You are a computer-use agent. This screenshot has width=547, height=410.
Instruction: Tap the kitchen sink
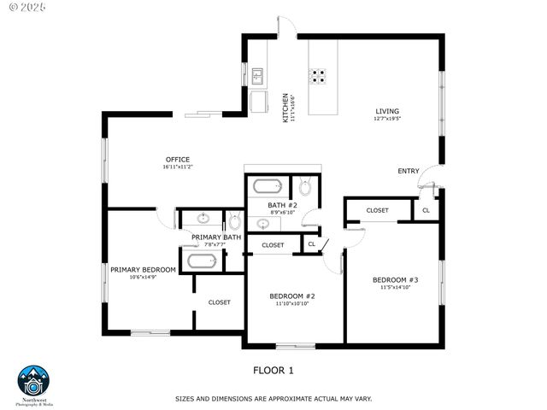257,76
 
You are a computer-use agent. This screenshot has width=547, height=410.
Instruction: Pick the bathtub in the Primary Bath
203,261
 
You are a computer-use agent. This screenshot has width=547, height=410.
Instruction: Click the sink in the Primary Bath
203,219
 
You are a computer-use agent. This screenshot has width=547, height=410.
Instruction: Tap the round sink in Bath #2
264,224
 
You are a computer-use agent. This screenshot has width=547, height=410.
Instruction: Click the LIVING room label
386,111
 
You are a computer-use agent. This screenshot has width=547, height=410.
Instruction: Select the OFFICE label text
177,160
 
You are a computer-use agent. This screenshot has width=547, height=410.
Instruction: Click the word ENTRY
409,171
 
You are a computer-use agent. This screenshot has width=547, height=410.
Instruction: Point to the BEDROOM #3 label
395,280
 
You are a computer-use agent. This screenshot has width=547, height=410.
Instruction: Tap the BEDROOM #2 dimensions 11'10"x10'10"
291,303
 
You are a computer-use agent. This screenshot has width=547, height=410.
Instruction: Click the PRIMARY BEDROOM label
143,270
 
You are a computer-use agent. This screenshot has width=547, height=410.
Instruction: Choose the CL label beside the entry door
426,210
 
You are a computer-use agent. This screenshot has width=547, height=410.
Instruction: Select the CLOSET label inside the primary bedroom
219,302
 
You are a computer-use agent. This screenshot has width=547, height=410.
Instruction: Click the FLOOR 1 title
273,370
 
